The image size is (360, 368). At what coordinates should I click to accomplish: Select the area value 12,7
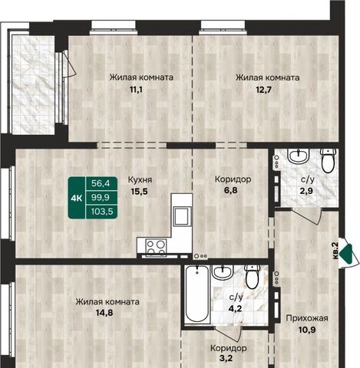(x=263, y=90)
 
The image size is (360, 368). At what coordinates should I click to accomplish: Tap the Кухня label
(x=140, y=179)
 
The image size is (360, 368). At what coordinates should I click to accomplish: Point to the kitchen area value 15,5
(x=140, y=191)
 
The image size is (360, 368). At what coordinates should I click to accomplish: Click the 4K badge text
(x=77, y=198)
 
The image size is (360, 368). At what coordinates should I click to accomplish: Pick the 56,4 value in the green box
(x=101, y=183)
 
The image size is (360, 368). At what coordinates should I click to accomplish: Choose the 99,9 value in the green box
(x=101, y=197)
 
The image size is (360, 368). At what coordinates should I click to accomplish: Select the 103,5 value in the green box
(x=102, y=212)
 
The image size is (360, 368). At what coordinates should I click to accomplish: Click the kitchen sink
(x=182, y=216)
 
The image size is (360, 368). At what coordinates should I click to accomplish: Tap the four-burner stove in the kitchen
(x=156, y=248)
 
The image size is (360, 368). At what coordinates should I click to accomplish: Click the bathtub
(x=197, y=294)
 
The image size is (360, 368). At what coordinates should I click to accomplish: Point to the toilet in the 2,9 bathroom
(x=329, y=160)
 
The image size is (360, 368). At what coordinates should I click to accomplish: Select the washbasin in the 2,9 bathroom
(x=299, y=156)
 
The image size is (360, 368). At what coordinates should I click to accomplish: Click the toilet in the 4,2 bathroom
(x=253, y=277)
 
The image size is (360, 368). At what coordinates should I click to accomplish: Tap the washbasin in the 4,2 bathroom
(x=223, y=272)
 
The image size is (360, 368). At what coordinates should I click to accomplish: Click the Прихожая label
(x=307, y=318)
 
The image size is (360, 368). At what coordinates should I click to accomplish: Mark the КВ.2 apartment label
(x=335, y=251)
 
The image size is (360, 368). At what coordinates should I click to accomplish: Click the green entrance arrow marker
(x=347, y=254)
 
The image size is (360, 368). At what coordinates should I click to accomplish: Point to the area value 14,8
(x=105, y=313)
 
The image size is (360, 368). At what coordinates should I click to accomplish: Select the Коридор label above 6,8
(x=233, y=179)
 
